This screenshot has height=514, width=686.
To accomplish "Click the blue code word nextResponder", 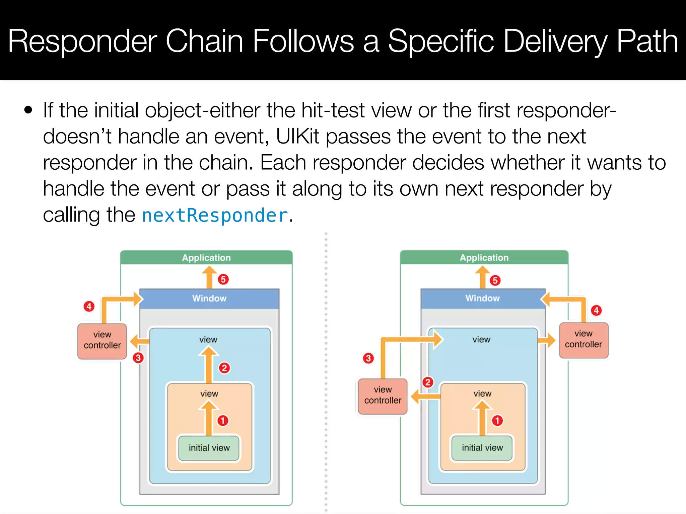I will click(x=215, y=215).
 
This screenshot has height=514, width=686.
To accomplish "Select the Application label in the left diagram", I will click(x=206, y=258).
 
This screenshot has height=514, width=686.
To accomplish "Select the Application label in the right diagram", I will click(x=484, y=258).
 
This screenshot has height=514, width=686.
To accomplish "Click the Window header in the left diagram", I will click(x=209, y=298).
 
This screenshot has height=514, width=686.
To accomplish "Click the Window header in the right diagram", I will click(x=482, y=298).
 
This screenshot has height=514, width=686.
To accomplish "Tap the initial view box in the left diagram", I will click(x=209, y=448).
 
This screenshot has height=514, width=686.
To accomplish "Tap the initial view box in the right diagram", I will click(x=482, y=448).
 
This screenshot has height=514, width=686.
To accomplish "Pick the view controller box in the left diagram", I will click(x=102, y=341).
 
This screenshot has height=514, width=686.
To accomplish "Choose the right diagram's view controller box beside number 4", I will click(x=584, y=340).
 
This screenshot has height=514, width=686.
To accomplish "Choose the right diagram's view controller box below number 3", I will click(x=383, y=396).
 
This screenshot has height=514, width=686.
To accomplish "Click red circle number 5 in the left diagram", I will click(x=223, y=279).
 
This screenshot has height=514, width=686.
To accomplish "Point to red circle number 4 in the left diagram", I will click(x=89, y=306).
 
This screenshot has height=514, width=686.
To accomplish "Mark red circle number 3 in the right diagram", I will click(x=368, y=358).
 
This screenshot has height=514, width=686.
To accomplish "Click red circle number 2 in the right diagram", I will click(x=428, y=382).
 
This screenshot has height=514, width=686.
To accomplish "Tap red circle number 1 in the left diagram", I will click(x=223, y=421).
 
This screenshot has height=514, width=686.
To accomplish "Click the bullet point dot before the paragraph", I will click(x=29, y=110).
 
